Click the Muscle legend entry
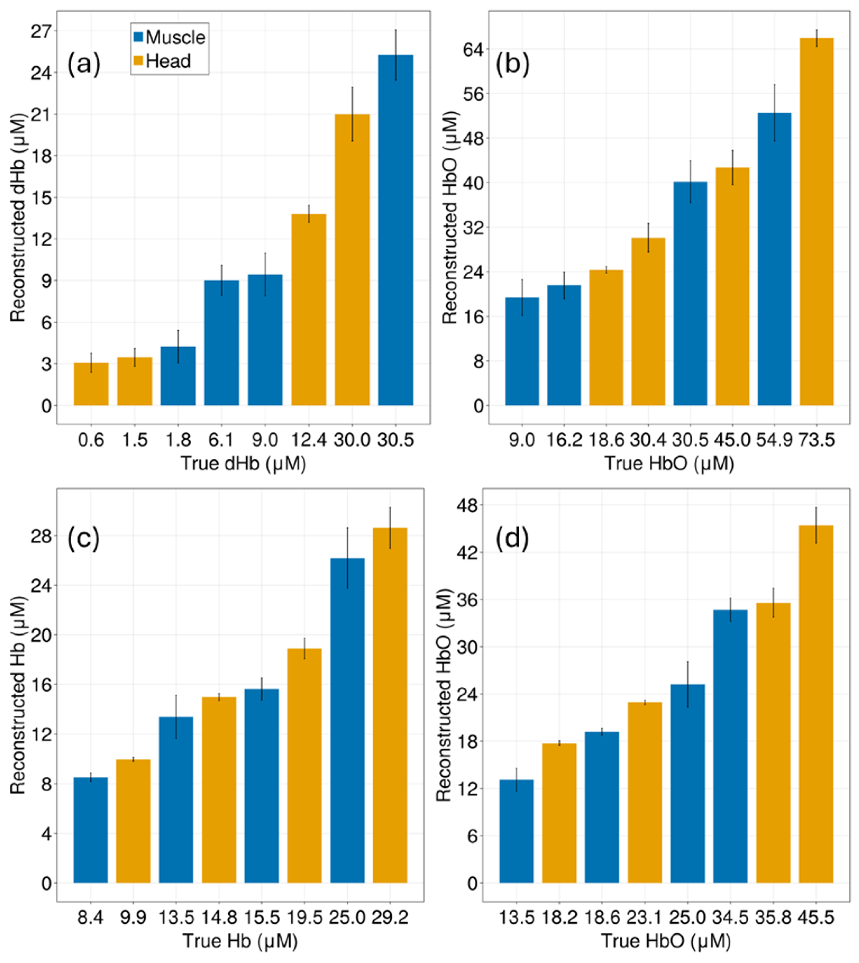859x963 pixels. pyautogui.click(x=169, y=37)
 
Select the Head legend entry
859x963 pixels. pyautogui.click(x=162, y=61)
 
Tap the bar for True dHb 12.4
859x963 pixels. pyautogui.click(x=308, y=309)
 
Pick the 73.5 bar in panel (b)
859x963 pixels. pyautogui.click(x=816, y=221)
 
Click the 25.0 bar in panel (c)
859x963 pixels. pyautogui.click(x=347, y=723)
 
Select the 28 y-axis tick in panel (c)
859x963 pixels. pyautogui.click(x=41, y=536)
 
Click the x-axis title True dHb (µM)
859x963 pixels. pyautogui.click(x=243, y=463)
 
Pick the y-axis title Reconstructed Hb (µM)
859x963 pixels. pyautogui.click(x=18, y=695)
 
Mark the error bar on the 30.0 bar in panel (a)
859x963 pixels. pyautogui.click(x=352, y=114)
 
